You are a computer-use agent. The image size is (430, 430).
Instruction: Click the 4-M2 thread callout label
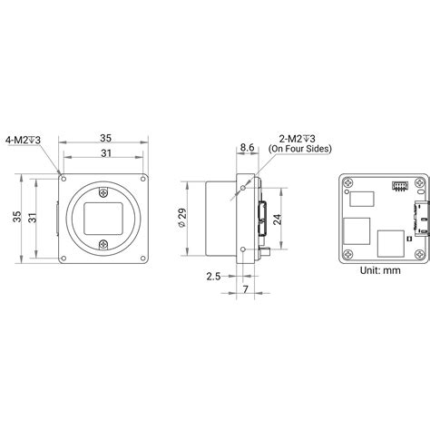tap(23, 140)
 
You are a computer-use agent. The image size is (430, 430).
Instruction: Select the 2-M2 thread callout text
tap(297, 139)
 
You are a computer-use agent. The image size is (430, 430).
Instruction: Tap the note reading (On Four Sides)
tap(300, 149)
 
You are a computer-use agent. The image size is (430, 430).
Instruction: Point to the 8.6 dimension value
tap(247, 148)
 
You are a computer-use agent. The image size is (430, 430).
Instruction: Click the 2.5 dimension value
tap(213, 277)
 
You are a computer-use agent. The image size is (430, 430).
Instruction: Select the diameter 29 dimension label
tap(182, 218)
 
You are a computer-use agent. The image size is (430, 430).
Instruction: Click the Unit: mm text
tap(380, 270)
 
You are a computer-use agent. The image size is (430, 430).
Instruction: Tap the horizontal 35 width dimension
tap(106, 138)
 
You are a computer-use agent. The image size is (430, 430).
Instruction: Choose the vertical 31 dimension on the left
tap(33, 218)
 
